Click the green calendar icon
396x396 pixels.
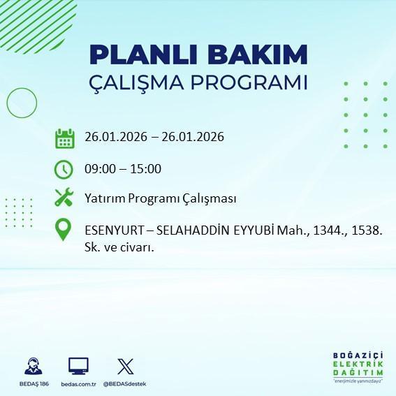64,138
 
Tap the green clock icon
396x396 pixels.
64,169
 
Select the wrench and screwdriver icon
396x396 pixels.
64,198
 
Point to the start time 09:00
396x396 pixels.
98,169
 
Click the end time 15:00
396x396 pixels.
147,169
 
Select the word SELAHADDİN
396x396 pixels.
192,230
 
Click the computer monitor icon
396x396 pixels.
78,366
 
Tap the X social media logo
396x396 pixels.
126,366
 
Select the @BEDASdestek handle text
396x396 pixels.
125,384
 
